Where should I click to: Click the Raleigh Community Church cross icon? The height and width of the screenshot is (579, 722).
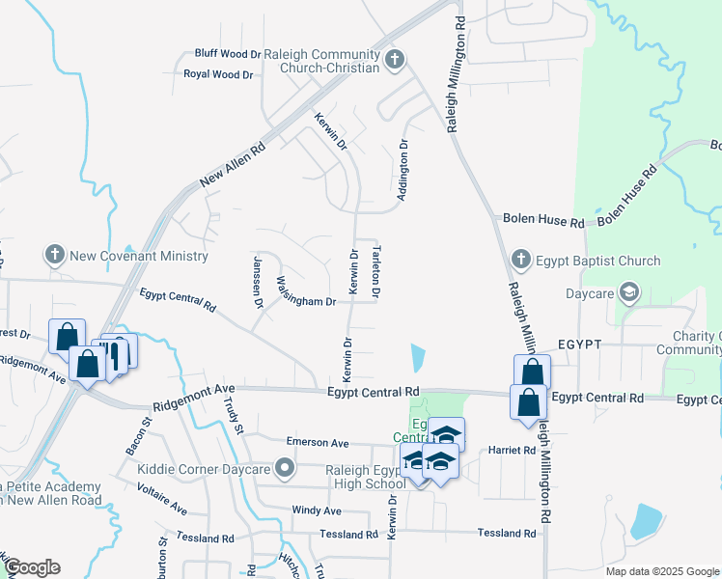point(394,61)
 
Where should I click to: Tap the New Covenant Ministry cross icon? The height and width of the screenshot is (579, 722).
point(55,256)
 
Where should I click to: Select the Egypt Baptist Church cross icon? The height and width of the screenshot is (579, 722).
point(521,260)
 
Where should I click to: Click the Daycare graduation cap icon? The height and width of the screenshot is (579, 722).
point(629,290)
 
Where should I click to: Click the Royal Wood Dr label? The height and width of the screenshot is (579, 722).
point(218,73)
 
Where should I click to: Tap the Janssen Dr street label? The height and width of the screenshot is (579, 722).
point(258,281)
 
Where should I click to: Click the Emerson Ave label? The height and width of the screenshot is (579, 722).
point(318,442)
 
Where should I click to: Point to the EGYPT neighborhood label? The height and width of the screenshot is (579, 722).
point(579,345)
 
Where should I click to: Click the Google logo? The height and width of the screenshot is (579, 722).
point(32,567)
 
